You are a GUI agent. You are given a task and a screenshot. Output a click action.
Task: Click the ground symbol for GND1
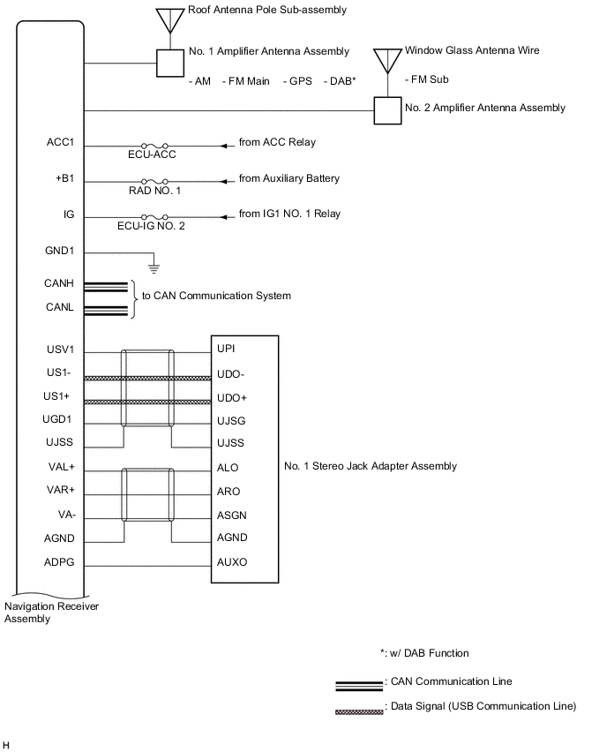[154, 264]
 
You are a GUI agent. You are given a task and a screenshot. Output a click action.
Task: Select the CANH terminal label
[59, 283]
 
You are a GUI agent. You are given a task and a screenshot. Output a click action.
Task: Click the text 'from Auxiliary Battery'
[289, 178]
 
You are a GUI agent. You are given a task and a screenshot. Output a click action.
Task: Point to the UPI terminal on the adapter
[226, 350]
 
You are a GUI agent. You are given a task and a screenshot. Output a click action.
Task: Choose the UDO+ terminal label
[231, 397]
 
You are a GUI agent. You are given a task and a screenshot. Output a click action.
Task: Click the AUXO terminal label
[231, 561]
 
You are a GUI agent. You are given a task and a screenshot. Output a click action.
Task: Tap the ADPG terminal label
[60, 561]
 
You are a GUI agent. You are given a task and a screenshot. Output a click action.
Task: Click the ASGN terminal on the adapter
[231, 515]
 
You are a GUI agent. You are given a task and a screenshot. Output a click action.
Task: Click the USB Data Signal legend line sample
[358, 707]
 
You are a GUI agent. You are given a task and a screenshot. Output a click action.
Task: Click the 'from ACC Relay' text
[277, 142]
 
